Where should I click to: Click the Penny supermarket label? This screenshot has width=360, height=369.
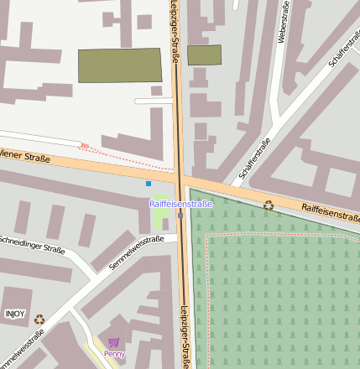click(x=114, y=354)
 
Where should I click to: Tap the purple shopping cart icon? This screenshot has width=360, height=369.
click(x=114, y=342)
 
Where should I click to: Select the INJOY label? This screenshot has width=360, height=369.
click(x=15, y=314)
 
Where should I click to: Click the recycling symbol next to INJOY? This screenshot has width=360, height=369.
click(x=39, y=319)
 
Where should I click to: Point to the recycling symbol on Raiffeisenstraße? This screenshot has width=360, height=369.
click(x=269, y=205)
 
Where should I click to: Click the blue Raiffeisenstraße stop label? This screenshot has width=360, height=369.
click(x=180, y=204)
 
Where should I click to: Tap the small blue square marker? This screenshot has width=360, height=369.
click(x=149, y=183)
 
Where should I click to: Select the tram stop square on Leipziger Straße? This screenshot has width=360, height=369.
click(x=180, y=216)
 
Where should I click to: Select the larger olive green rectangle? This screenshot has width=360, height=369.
click(x=120, y=65)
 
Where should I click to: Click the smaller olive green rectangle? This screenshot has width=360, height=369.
click(x=204, y=55)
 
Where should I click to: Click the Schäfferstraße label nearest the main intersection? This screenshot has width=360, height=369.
click(x=254, y=159)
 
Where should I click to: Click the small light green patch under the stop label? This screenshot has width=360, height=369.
click(x=162, y=219)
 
